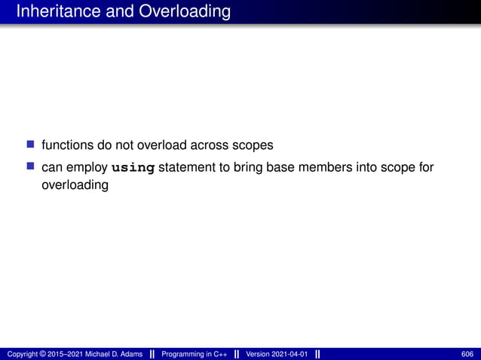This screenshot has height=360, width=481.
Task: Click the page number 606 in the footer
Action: (x=467, y=354)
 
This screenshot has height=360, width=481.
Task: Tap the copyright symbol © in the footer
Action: (x=45, y=354)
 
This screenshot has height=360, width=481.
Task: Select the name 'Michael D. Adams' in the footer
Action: (x=112, y=354)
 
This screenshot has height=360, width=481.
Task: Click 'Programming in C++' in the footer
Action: (x=195, y=354)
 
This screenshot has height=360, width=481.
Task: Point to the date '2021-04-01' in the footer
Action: (x=290, y=354)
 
